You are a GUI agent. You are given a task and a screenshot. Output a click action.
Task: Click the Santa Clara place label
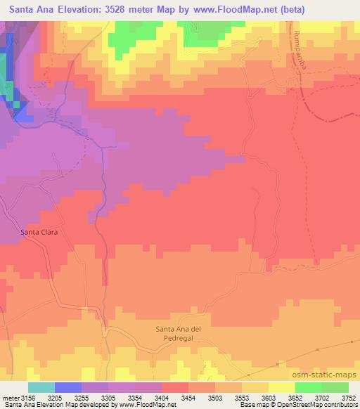tap(38, 233)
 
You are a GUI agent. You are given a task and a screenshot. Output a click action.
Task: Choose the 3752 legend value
tap(347, 397)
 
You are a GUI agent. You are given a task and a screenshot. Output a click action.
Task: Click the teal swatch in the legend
tap(41, 387)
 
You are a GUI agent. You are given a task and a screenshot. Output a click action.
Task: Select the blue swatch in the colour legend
tap(67, 387)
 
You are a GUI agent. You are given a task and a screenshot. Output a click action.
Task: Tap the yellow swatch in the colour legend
tap(281, 387)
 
